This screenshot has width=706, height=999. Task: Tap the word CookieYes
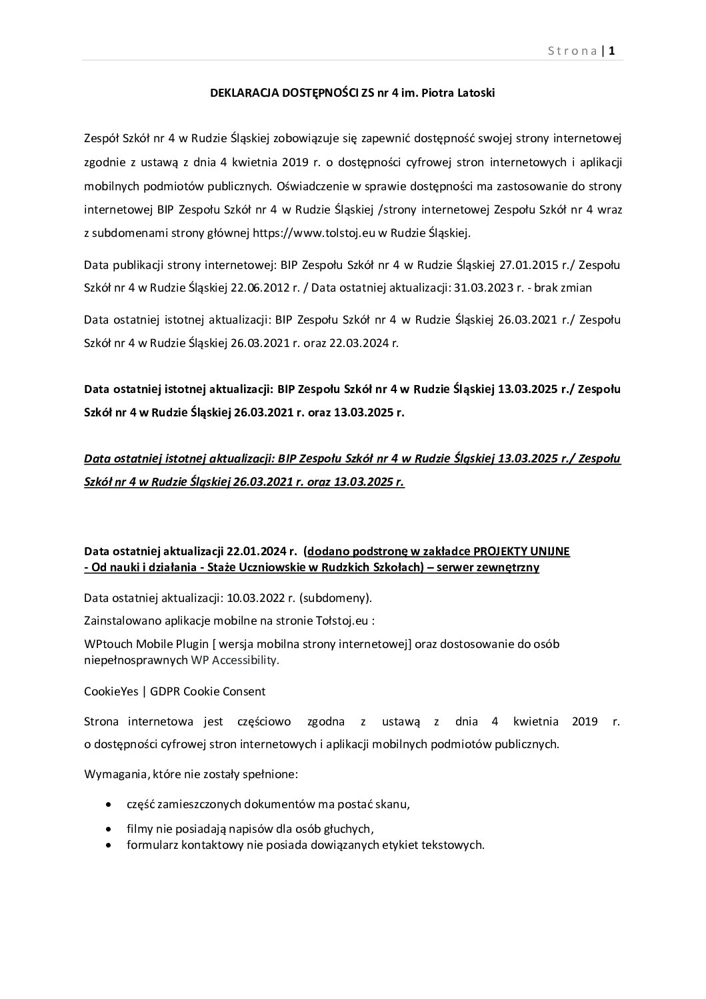click(111, 691)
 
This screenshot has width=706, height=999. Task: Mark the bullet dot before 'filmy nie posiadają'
click(109, 829)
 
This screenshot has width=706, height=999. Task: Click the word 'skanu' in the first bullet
click(393, 804)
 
